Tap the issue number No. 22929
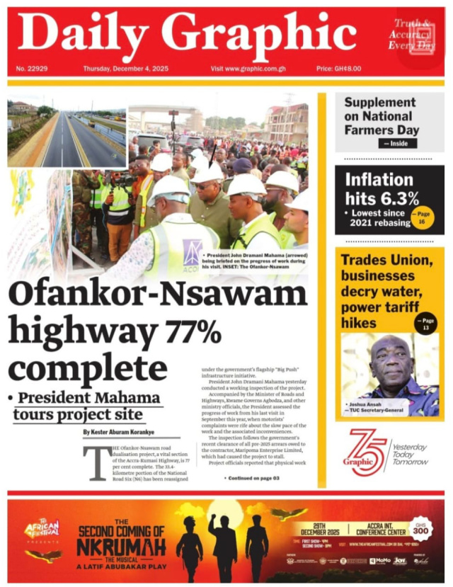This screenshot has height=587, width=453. pyautogui.click(x=31, y=69)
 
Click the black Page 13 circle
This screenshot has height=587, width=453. pyautogui.click(x=425, y=323)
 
